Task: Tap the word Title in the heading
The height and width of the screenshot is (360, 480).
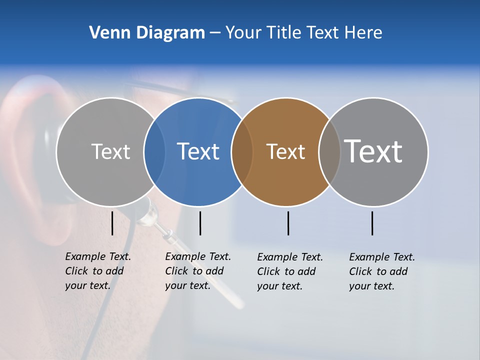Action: coord(283,32)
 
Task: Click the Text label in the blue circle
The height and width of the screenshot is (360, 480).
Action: coord(198,151)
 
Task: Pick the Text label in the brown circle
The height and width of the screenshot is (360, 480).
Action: coord(285,151)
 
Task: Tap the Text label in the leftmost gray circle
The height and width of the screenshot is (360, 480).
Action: coord(110,151)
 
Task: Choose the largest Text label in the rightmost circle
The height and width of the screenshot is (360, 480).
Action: coord(373,151)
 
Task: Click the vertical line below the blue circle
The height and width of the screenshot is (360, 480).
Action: coord(200,223)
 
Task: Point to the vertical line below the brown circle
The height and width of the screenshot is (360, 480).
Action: coord(288,223)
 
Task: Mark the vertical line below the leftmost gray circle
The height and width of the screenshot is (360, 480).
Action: coord(112,223)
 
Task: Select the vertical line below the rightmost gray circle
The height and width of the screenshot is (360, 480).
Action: coord(372,223)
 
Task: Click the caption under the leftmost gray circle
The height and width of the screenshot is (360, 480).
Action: coord(98,271)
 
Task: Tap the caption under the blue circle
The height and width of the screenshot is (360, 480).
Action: coord(198,271)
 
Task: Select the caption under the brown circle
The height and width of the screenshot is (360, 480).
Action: coord(290,271)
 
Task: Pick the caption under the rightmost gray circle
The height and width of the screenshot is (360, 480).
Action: coord(382,271)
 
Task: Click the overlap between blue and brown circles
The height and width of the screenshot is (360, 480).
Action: coord(242,151)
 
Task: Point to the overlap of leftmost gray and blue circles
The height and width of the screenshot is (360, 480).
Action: coord(154,151)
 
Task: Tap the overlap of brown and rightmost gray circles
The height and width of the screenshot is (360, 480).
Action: coord(329,151)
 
